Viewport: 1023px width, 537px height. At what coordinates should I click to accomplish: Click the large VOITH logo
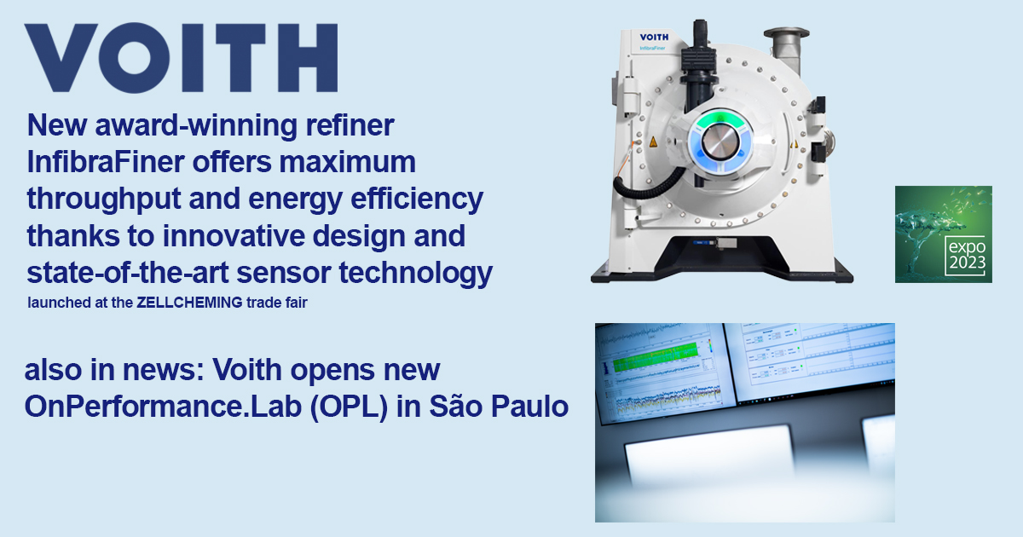181,58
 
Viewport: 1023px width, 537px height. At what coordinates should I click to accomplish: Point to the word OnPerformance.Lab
153,407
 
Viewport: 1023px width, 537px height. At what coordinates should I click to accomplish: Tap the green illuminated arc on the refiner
722,118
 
